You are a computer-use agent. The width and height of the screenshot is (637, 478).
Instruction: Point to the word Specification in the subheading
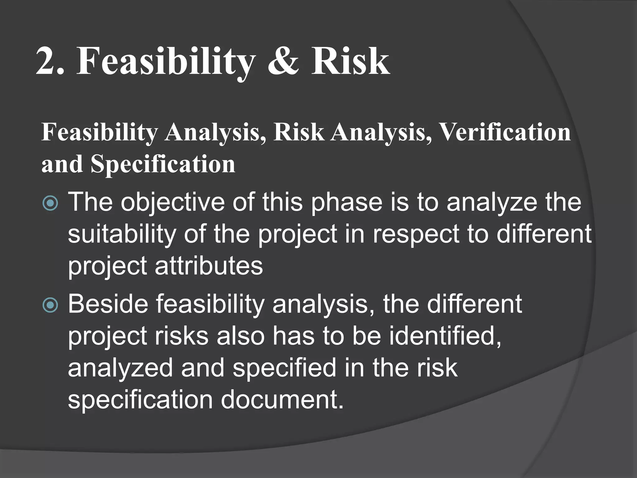click(163, 164)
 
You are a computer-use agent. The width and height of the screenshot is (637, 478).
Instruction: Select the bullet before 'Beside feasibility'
click(50, 306)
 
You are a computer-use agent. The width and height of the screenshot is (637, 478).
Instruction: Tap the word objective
click(172, 203)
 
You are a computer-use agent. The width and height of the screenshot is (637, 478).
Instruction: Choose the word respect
click(416, 234)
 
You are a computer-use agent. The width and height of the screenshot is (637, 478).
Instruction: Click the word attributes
click(209, 266)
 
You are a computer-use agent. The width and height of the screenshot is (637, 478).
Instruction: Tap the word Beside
click(108, 304)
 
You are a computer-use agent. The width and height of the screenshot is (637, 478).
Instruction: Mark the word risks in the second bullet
click(182, 336)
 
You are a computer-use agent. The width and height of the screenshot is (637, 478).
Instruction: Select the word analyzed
click(120, 368)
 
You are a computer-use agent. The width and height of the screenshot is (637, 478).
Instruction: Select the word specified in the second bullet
click(285, 368)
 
